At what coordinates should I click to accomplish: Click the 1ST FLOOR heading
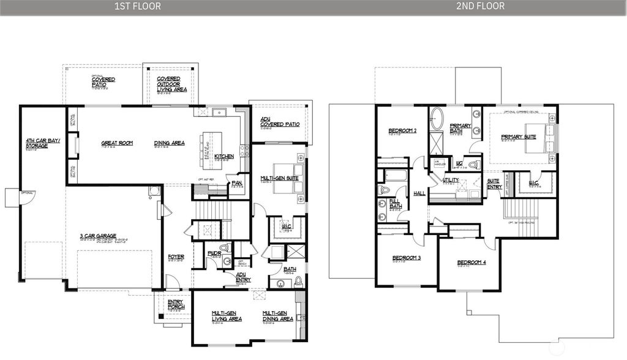pyautogui.click(x=137, y=6)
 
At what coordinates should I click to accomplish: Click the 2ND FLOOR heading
pyautogui.click(x=480, y=6)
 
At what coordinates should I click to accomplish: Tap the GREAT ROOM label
pyautogui.click(x=117, y=143)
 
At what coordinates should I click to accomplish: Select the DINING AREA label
pyautogui.click(x=169, y=143)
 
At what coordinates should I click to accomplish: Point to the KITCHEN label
pyautogui.click(x=223, y=157)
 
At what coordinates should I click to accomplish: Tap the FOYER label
pyautogui.click(x=176, y=257)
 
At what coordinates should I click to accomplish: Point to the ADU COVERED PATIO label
pyautogui.click(x=280, y=122)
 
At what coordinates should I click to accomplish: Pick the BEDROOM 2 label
pyautogui.click(x=402, y=130)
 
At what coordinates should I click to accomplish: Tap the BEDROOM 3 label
pyautogui.click(x=406, y=258)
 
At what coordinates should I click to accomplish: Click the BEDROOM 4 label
pyautogui.click(x=471, y=263)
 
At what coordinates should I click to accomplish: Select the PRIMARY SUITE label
pyautogui.click(x=518, y=137)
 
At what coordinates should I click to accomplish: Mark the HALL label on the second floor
pyautogui.click(x=419, y=193)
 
